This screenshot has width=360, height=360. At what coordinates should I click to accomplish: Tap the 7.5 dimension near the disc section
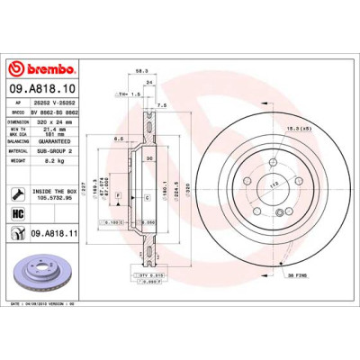point(162,106)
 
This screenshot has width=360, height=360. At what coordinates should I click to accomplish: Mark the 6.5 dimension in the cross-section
point(119,139)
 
